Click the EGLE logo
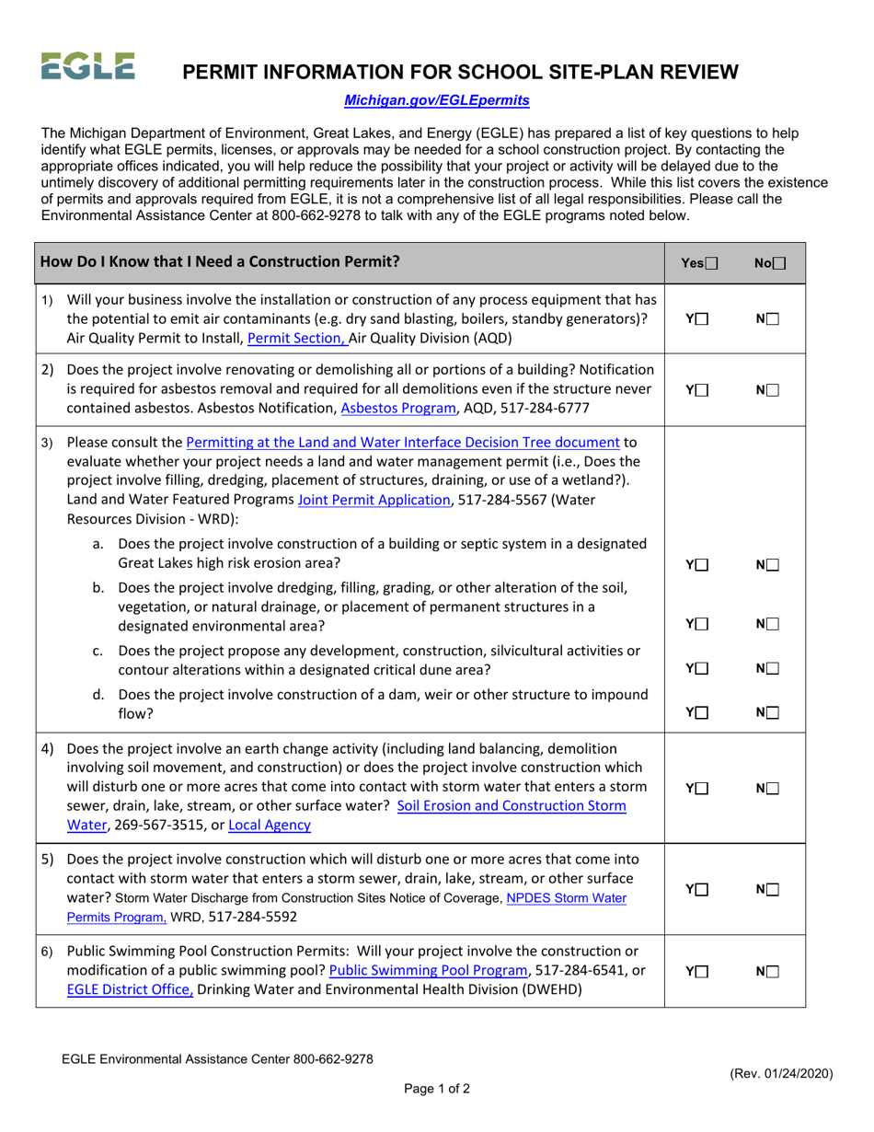coord(87,66)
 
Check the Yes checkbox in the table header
coord(712,263)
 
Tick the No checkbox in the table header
coord(780,263)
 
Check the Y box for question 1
coord(703,318)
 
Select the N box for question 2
coord(773,389)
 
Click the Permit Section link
coord(297,338)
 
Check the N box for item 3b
coord(773,624)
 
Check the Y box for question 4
coord(703,788)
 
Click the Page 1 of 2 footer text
coord(437,1089)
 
